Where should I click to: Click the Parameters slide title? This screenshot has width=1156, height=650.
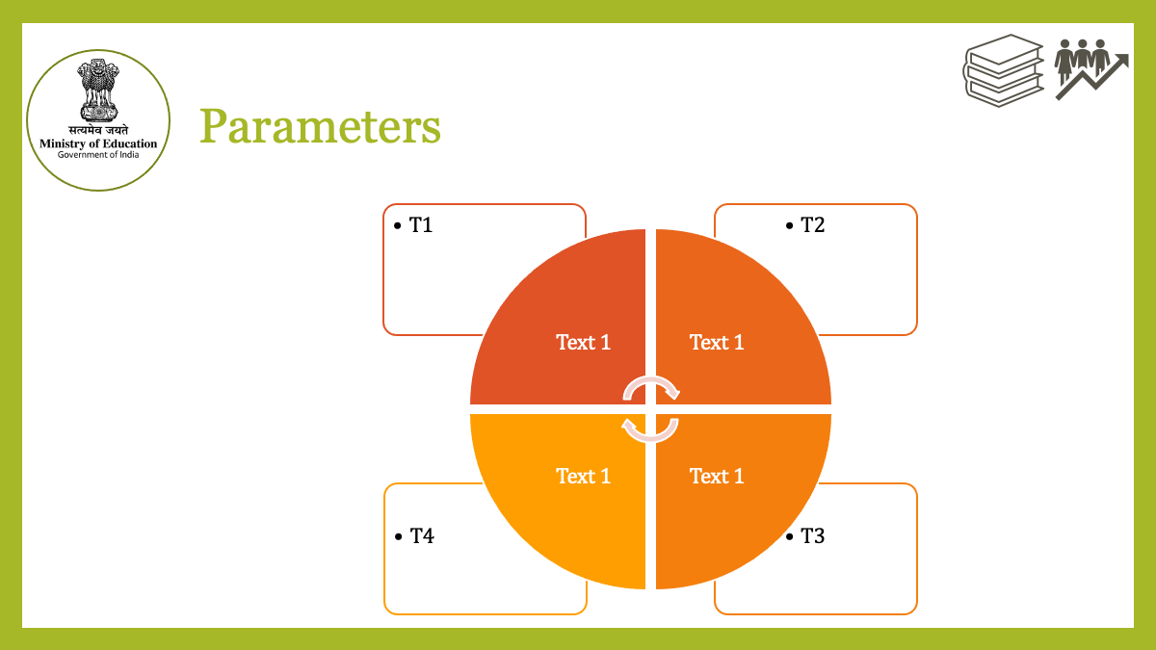coord(320,126)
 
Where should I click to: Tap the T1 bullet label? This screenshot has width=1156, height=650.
coord(421,225)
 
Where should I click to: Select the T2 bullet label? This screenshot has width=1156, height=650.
coord(812,225)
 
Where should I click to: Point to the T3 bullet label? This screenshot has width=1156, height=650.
coord(812,536)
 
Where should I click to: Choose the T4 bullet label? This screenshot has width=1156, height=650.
coord(422,536)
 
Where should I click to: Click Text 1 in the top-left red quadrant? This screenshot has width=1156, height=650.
coord(583,343)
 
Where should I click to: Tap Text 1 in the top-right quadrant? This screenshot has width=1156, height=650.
coord(717,343)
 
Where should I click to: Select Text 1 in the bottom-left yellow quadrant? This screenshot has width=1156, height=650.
coord(583,476)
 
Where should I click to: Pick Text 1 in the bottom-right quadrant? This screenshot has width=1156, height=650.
coord(717,476)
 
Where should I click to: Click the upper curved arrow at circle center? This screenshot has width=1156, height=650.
coord(651,380)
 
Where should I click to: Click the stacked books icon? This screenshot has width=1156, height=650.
coord(1004,70)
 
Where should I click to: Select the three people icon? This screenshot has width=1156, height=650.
coord(1082,60)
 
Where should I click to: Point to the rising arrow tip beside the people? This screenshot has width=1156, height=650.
coord(1128,55)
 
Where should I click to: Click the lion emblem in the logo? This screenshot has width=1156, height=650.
coord(98,91)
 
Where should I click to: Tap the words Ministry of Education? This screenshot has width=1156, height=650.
coord(98,143)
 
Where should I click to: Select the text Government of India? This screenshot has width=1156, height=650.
coord(98,155)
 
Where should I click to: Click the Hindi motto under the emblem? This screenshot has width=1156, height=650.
coord(98,130)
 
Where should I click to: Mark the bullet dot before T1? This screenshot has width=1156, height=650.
coord(397,225)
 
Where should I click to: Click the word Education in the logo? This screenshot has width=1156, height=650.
coord(130,143)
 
